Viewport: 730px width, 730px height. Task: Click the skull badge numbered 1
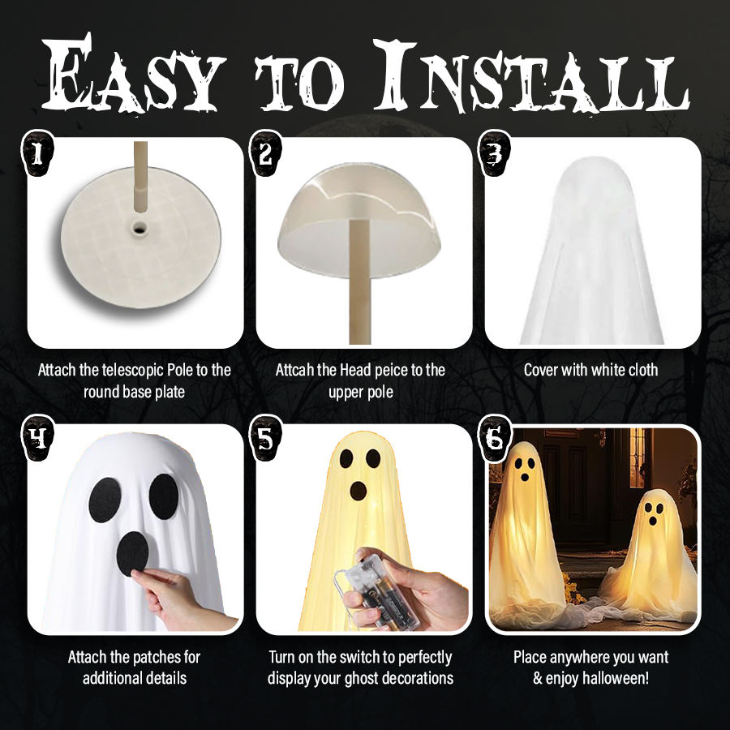tap(38, 154)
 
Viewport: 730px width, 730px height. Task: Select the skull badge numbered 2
tap(266, 154)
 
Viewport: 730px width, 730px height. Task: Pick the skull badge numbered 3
tap(496, 154)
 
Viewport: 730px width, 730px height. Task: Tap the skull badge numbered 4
tap(38, 439)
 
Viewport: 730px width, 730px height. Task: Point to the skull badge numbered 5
tap(266, 439)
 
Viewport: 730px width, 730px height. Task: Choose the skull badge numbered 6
tap(496, 439)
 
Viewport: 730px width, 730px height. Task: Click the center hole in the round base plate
tap(139, 228)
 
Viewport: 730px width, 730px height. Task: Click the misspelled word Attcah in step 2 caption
tap(294, 370)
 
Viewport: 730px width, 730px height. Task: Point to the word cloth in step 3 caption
tap(643, 370)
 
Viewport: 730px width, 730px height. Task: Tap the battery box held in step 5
tap(377, 586)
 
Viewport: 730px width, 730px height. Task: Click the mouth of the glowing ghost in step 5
tap(358, 491)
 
